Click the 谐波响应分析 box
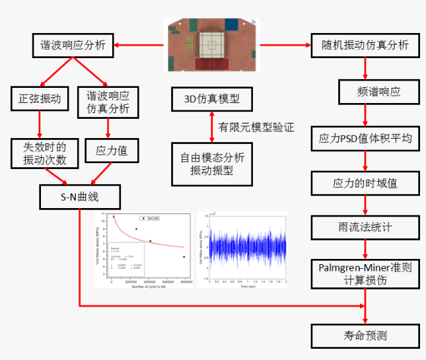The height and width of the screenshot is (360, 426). coord(73,45)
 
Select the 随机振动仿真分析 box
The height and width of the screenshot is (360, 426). coord(365,45)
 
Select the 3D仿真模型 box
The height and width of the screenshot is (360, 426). coord(211,100)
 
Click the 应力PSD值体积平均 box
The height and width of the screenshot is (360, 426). coord(365,138)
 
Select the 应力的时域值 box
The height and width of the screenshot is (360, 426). coord(365,182)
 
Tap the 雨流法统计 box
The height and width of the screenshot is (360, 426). coord(365,227)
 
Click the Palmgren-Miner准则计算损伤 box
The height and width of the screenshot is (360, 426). coord(365,273)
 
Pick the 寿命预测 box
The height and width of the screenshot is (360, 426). coord(365,335)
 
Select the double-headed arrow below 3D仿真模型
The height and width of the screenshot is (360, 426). coord(211,126)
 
